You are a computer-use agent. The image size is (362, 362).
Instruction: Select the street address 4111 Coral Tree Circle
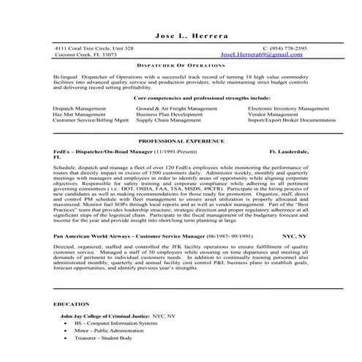click(94, 48)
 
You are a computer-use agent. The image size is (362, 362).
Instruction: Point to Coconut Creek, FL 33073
click(85, 55)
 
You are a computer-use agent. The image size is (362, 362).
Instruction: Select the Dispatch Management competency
click(79, 108)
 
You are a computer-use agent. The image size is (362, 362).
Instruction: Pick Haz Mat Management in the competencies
click(78, 114)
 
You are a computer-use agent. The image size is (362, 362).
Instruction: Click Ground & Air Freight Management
click(176, 108)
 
